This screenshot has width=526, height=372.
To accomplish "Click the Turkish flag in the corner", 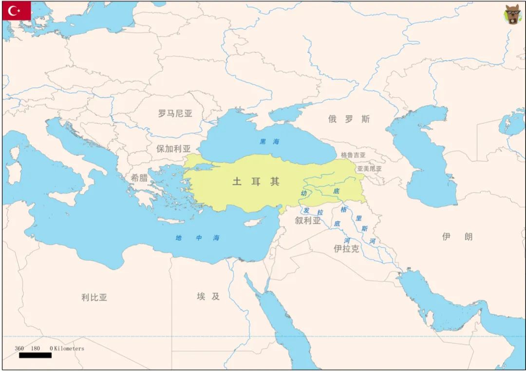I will pos(16,11).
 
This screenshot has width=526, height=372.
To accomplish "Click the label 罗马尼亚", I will pos(175,114).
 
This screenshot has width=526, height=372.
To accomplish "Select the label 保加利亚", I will pos(173,149).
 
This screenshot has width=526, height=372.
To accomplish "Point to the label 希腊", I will pos(139,177).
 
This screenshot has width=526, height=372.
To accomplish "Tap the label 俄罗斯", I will pos(349,119).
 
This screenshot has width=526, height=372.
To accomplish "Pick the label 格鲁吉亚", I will pos(353,155).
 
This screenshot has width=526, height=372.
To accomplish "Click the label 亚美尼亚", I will pos(369,169).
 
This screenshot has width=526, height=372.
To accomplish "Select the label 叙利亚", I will pos(308,220).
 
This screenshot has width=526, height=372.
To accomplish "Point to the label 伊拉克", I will pos(346,249).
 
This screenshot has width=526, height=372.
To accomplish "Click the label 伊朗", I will pos(457,237).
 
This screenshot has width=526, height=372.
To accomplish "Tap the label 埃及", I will pos(208,296).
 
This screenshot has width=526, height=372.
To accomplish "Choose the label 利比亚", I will pos(94,297).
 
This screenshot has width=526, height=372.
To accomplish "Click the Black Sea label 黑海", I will pos(269,142).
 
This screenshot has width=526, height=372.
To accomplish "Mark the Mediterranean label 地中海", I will pos(197,238).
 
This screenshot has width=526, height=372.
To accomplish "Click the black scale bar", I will pos(35,355).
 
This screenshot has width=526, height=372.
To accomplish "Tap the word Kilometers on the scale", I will pos(69,349).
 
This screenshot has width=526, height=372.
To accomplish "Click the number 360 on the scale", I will pos(19,349).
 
